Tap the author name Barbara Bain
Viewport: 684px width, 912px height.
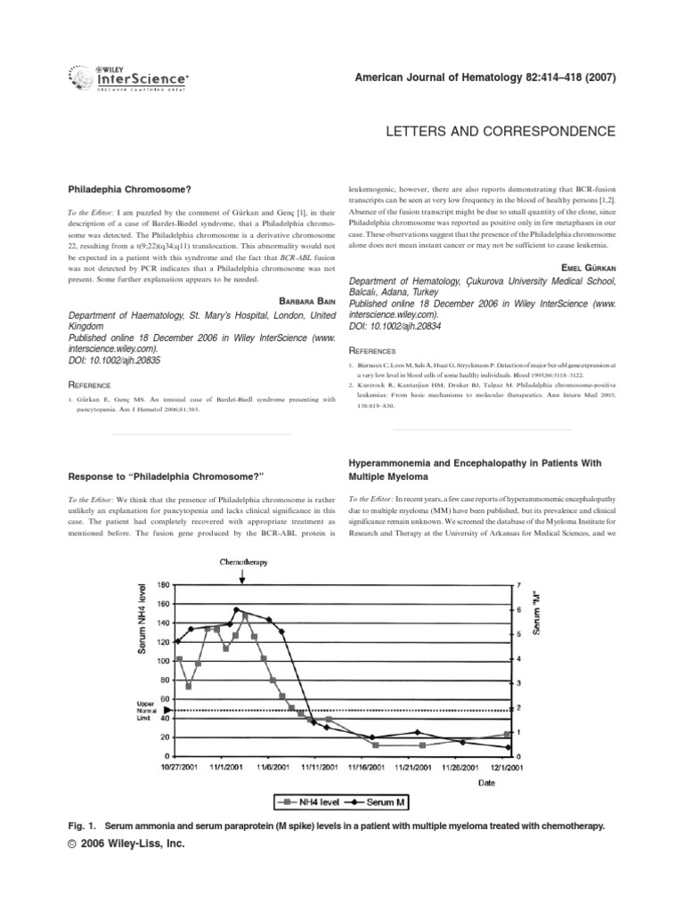click(x=300, y=300)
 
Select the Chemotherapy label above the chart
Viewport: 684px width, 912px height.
click(x=243, y=564)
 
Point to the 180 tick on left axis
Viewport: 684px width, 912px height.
click(x=161, y=585)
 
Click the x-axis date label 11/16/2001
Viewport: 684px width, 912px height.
click(x=366, y=766)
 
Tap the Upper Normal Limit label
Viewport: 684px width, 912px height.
click(x=145, y=709)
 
